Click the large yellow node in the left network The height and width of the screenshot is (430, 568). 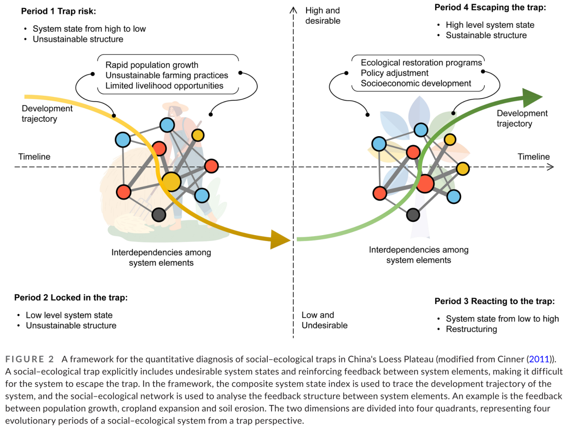click(x=171, y=182)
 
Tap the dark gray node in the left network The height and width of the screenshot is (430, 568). click(x=158, y=215)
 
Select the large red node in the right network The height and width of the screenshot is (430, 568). click(x=425, y=183)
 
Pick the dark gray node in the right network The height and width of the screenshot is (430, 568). click(x=413, y=215)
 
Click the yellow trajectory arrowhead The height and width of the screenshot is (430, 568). click(x=281, y=239)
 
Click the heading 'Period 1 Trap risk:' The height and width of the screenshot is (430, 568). click(x=58, y=11)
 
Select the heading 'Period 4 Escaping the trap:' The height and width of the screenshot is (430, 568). click(x=490, y=8)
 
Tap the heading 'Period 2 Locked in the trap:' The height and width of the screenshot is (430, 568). click(x=71, y=297)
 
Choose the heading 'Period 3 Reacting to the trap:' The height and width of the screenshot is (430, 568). click(x=495, y=301)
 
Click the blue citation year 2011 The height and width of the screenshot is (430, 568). click(x=539, y=359)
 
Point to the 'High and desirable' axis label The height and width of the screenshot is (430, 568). click(x=323, y=16)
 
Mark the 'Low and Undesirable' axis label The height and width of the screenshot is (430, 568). click(x=324, y=320)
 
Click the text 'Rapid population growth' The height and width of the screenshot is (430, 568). click(x=152, y=65)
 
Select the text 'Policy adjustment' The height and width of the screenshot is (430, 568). click(x=394, y=73)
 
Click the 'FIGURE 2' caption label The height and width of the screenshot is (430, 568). click(x=30, y=359)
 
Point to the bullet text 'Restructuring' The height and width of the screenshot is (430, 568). click(x=471, y=329)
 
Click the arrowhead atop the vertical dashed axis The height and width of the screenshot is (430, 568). click(x=293, y=10)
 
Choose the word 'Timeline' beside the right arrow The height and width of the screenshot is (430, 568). click(x=534, y=157)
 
